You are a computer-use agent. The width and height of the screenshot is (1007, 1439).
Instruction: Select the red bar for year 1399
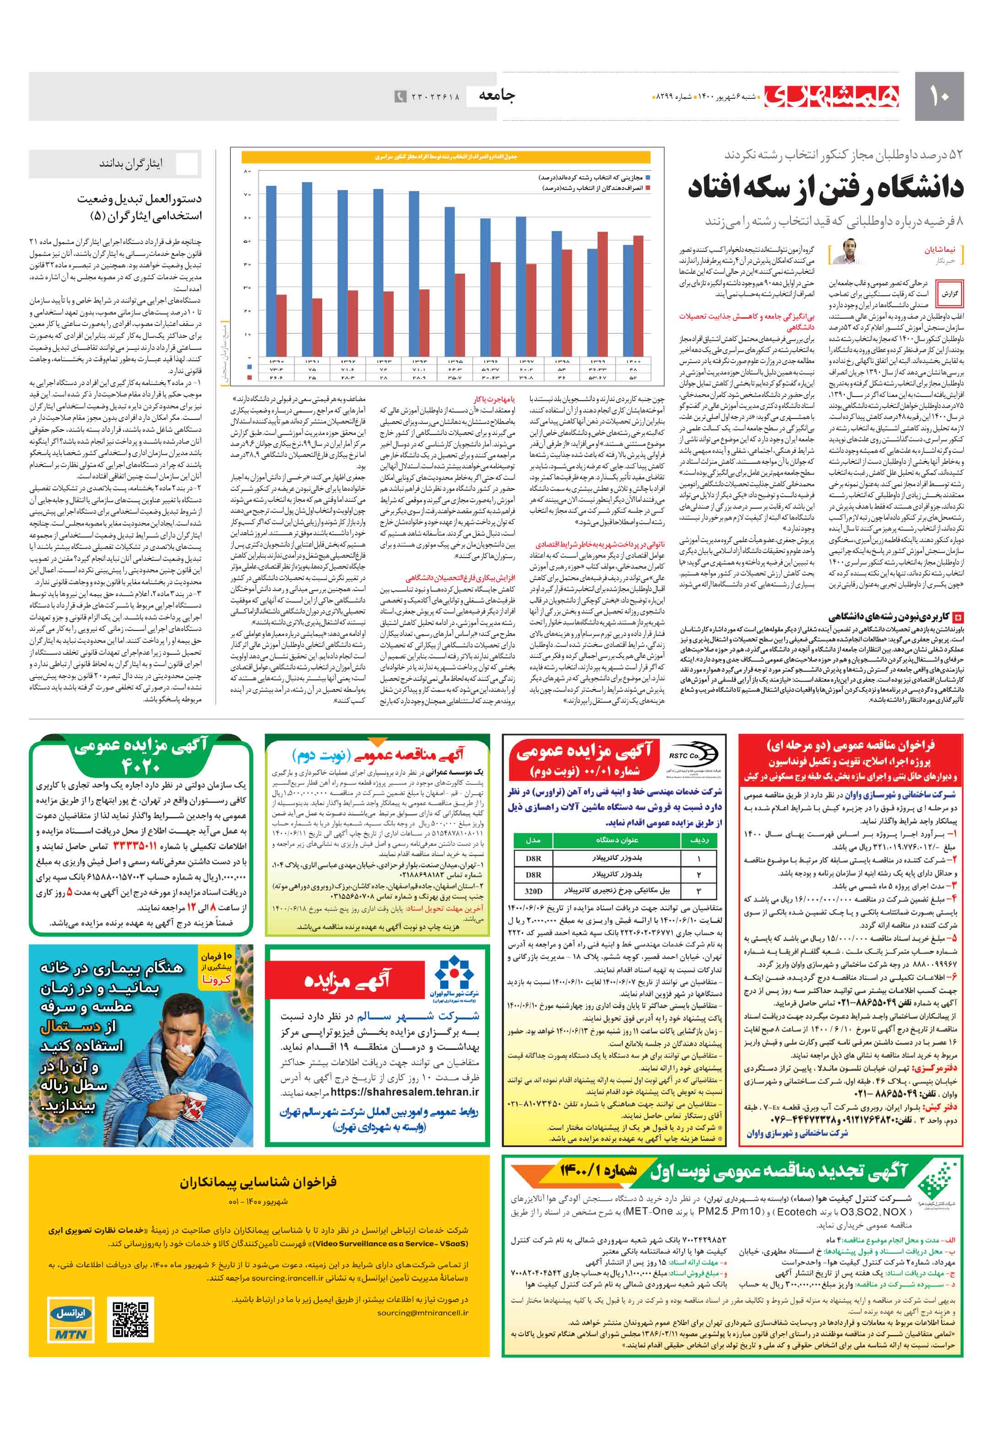click(602, 294)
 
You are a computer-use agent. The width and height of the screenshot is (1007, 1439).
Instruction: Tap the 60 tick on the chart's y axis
click(247, 217)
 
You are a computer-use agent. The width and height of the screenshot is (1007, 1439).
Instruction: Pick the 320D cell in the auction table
click(533, 891)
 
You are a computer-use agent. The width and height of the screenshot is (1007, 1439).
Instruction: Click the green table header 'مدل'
click(533, 840)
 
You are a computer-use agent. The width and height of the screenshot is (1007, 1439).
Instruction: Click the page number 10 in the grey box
click(939, 97)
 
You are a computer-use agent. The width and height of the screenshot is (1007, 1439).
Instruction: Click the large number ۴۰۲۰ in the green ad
click(141, 766)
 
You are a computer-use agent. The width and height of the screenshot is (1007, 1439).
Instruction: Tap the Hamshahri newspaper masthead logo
click(832, 96)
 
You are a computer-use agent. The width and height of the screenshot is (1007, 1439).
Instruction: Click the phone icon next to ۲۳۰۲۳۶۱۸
click(400, 97)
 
